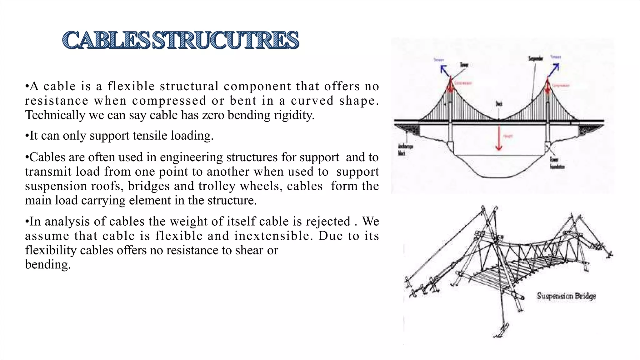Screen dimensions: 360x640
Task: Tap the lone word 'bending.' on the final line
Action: coord(48,265)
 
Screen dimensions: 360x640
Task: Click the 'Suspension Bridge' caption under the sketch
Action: coord(566,296)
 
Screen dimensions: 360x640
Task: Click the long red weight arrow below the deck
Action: coord(499,137)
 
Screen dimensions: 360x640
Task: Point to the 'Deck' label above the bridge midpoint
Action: coord(499,104)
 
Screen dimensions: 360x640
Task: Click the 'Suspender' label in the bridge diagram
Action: coord(535,59)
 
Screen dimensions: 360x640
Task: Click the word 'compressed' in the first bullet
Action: coord(169,101)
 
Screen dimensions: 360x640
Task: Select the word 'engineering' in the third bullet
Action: coord(191,157)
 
